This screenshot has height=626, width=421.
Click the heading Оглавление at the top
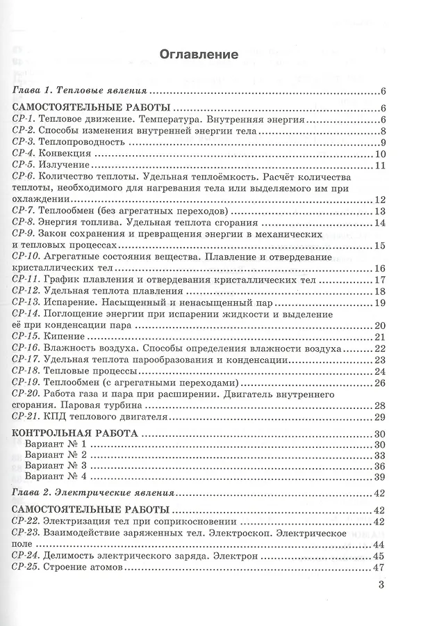[199, 54]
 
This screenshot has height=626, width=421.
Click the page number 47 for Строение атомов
[379, 568]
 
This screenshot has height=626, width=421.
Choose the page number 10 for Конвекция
[379, 154]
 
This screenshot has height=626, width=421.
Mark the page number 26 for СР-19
[379, 383]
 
